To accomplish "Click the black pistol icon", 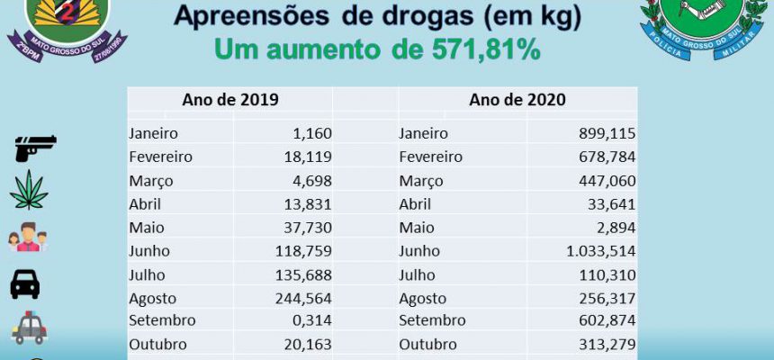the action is (x=35, y=148).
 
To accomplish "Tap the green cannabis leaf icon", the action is (x=29, y=190).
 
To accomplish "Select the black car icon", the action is (x=25, y=284).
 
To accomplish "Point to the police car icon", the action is (x=30, y=328).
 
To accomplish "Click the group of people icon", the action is (x=28, y=237).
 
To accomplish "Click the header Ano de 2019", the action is (x=230, y=100).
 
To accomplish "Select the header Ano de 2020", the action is (x=517, y=100).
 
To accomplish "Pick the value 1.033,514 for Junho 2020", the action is (x=601, y=251).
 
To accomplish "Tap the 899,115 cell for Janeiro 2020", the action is (x=607, y=133).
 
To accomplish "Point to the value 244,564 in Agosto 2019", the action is (x=303, y=298).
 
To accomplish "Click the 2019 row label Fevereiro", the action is (x=160, y=157).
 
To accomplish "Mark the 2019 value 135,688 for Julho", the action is (x=303, y=274).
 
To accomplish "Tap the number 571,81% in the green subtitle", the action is (x=486, y=49).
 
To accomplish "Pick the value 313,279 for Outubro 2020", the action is (x=607, y=344).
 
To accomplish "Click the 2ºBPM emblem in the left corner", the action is (x=67, y=30).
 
